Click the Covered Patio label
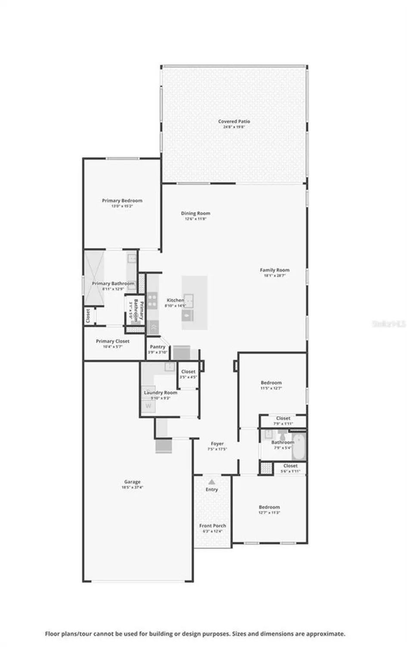coord(234,122)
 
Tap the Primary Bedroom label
coord(122,201)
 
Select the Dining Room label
coord(196,213)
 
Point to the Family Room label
coord(274,270)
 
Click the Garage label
coord(132,482)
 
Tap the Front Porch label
coord(212,526)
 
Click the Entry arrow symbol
coord(211,482)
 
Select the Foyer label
coord(217,443)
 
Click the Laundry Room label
coord(160,393)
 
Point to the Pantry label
coord(158,347)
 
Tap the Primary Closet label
coord(112,341)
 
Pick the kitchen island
coord(194,303)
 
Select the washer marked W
coord(148,406)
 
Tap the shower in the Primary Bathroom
coord(94,278)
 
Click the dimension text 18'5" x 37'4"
coord(132,487)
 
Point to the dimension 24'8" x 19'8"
coord(234,127)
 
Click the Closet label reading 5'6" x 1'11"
coord(290,466)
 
